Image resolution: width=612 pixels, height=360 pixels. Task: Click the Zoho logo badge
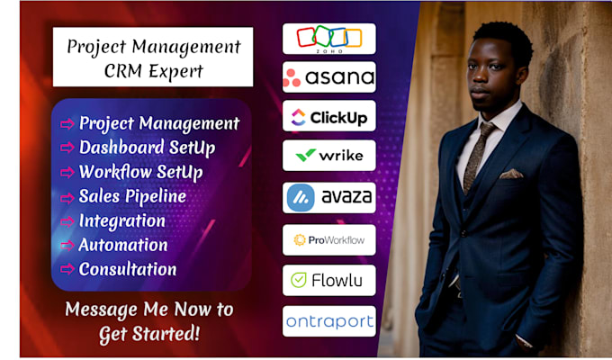[329, 39]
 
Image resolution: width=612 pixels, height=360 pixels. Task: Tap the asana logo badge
[329, 76]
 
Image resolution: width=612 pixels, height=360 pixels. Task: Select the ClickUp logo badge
[329, 116]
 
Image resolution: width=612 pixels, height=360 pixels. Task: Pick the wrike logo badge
[329, 156]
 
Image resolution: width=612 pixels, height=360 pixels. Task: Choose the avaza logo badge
[329, 198]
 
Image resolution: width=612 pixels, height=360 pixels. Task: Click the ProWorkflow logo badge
[329, 239]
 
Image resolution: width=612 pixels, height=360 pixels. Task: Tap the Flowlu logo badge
[329, 280]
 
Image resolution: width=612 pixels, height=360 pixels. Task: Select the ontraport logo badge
[329, 321]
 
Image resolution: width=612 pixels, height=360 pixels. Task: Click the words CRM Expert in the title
[153, 71]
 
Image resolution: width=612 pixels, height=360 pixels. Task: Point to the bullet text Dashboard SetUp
[147, 148]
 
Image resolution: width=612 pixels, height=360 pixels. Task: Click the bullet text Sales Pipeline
[132, 196]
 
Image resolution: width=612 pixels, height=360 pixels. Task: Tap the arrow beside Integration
[67, 221]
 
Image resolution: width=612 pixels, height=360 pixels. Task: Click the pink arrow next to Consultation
[67, 269]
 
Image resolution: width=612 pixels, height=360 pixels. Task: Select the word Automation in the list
[123, 245]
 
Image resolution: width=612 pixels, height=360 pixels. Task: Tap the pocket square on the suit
[511, 174]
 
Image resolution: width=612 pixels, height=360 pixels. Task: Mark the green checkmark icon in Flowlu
[299, 280]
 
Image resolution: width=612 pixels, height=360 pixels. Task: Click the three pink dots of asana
[292, 78]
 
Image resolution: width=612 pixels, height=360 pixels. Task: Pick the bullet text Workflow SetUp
[141, 172]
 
